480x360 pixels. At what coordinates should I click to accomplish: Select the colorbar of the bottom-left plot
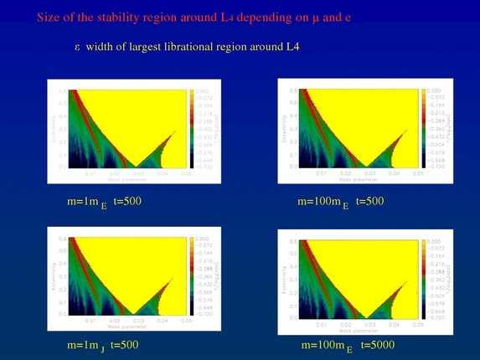point(189,276)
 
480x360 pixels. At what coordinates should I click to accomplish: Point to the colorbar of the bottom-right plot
point(421,280)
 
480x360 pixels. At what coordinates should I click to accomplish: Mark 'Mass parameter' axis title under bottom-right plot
point(356,328)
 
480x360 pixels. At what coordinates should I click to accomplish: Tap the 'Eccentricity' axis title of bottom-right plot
point(284,280)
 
